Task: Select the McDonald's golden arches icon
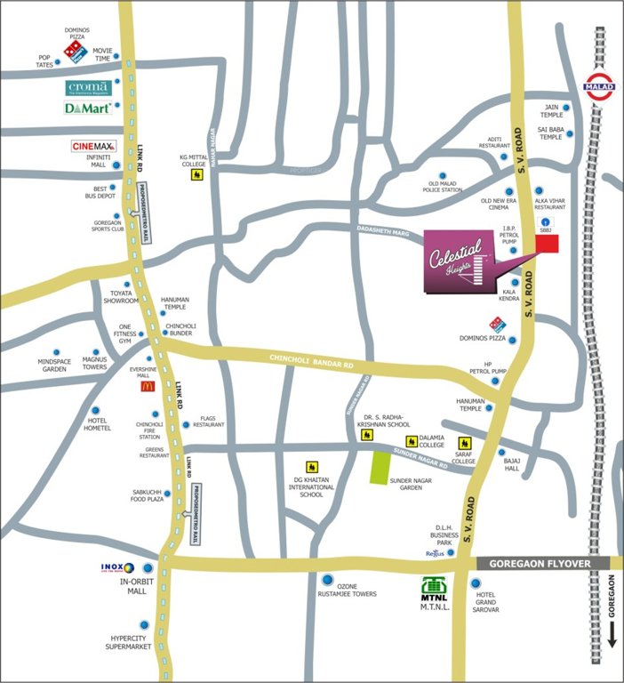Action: [x=146, y=386]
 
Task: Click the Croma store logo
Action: [x=89, y=88]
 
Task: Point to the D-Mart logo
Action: [x=87, y=108]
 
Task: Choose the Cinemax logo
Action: [x=94, y=146]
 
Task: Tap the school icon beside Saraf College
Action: [x=463, y=441]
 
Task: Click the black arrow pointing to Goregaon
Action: [x=612, y=633]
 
